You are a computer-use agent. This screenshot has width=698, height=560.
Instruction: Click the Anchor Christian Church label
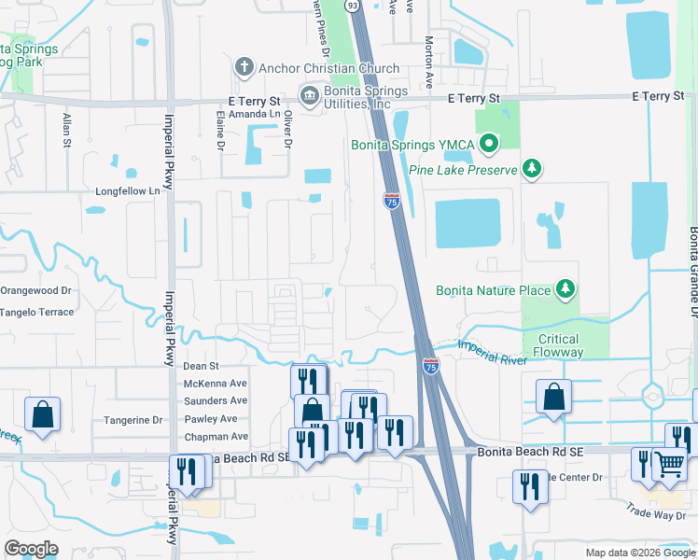pyautogui.click(x=328, y=68)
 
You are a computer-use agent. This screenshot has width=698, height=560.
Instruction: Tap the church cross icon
pyautogui.click(x=244, y=67)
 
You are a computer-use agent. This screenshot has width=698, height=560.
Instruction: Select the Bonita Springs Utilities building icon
pyautogui.click(x=309, y=94)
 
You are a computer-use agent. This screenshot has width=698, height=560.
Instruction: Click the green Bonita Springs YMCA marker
pyautogui.click(x=488, y=144)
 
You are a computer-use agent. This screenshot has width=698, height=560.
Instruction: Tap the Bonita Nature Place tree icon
pyautogui.click(x=565, y=290)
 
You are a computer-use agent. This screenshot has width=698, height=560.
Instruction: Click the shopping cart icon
pyautogui.click(x=670, y=463)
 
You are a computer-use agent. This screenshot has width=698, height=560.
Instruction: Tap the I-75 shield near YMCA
pyautogui.click(x=392, y=201)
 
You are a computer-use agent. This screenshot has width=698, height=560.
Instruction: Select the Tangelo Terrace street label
pyautogui.click(x=36, y=312)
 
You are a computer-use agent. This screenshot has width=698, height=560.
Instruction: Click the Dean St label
pyautogui.click(x=201, y=367)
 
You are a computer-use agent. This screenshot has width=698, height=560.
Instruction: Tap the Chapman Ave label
pyautogui.click(x=216, y=436)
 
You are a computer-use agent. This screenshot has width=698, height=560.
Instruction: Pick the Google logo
pyautogui.click(x=31, y=549)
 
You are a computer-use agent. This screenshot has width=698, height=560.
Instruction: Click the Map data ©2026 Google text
pyautogui.click(x=639, y=553)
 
